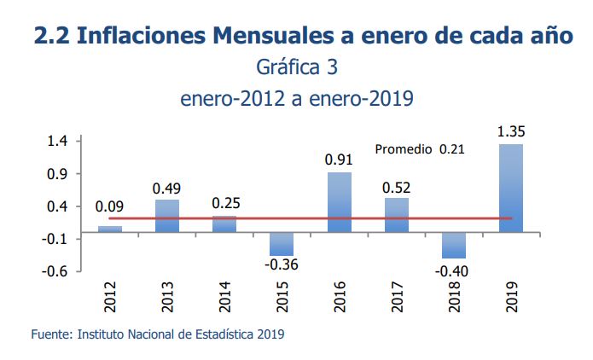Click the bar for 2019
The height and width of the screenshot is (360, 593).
point(510,188)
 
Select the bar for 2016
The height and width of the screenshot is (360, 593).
point(339,202)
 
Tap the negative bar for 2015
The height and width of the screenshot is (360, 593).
point(282,244)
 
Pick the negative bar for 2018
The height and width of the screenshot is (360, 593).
point(454,245)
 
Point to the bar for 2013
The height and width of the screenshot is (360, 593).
point(167,216)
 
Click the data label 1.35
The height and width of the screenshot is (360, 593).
point(510,131)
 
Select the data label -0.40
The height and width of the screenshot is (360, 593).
point(453,270)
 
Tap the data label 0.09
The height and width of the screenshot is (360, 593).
point(110,206)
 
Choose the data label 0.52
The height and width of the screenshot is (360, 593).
point(397,187)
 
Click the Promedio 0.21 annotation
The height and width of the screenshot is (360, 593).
point(420,149)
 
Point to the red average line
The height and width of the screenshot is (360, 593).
point(256,218)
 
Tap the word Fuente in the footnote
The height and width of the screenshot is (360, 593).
point(49,334)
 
